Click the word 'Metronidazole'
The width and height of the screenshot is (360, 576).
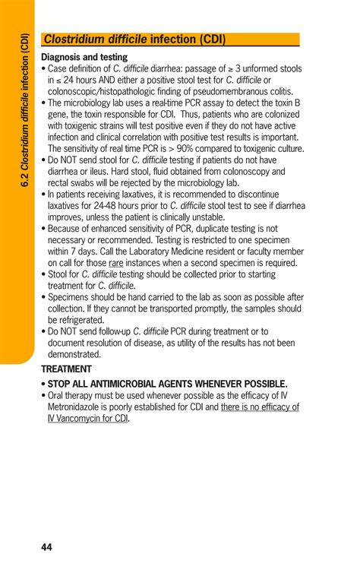(x=79, y=407)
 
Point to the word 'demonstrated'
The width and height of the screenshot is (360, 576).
(x=74, y=354)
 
